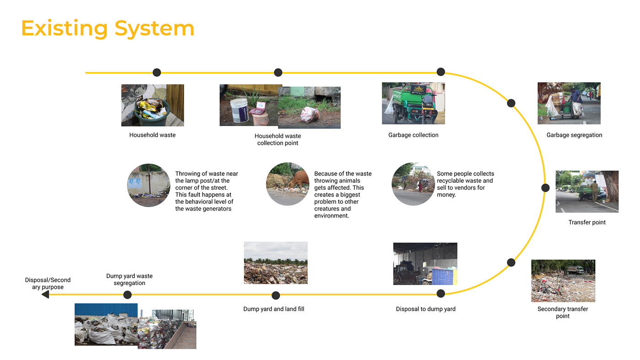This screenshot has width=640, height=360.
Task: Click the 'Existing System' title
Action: [x=107, y=28]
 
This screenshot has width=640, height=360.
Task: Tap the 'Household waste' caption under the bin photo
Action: [x=152, y=135]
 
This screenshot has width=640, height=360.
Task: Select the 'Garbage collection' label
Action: [x=413, y=135]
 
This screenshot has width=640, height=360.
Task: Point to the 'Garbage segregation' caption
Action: [x=574, y=135]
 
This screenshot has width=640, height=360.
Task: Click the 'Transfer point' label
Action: [x=587, y=222]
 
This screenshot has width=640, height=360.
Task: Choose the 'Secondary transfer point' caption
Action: [x=563, y=312]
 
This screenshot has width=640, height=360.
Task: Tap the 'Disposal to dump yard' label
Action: [x=426, y=309]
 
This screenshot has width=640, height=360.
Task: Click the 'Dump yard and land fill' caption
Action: [x=273, y=309]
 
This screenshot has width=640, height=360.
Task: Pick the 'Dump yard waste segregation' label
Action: [x=129, y=280]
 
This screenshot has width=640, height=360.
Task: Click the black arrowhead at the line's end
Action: [x=45, y=295]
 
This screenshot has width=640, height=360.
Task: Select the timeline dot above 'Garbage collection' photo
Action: [x=441, y=72]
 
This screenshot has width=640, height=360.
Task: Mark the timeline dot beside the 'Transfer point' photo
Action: [x=545, y=188]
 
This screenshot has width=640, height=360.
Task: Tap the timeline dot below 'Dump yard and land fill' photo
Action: [x=276, y=295]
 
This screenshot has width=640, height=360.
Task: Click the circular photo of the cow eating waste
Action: [x=288, y=184]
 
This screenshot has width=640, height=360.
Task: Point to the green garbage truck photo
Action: [x=413, y=103]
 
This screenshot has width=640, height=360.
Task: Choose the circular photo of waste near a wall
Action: [x=149, y=185]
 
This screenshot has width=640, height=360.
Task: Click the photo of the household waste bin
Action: [x=152, y=105]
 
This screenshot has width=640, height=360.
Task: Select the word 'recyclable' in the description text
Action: [x=451, y=181]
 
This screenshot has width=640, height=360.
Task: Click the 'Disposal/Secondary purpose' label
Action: [x=48, y=284]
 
